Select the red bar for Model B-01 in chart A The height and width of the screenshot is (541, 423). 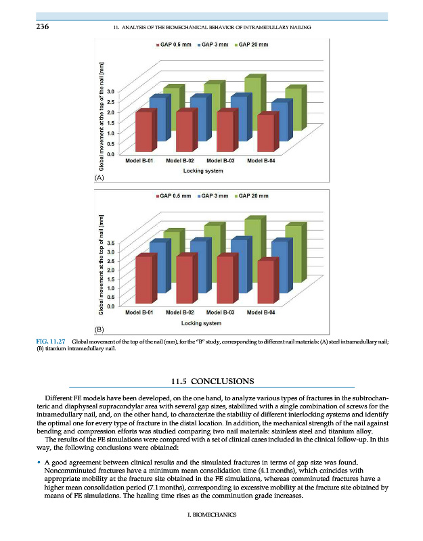(143, 132)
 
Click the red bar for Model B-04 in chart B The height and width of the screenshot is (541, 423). (267, 283)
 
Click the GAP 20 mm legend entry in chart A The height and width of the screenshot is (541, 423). (251, 45)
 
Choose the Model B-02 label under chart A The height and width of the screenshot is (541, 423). (179, 161)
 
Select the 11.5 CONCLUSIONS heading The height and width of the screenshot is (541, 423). (211, 381)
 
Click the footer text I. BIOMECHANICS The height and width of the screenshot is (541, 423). (211, 515)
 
